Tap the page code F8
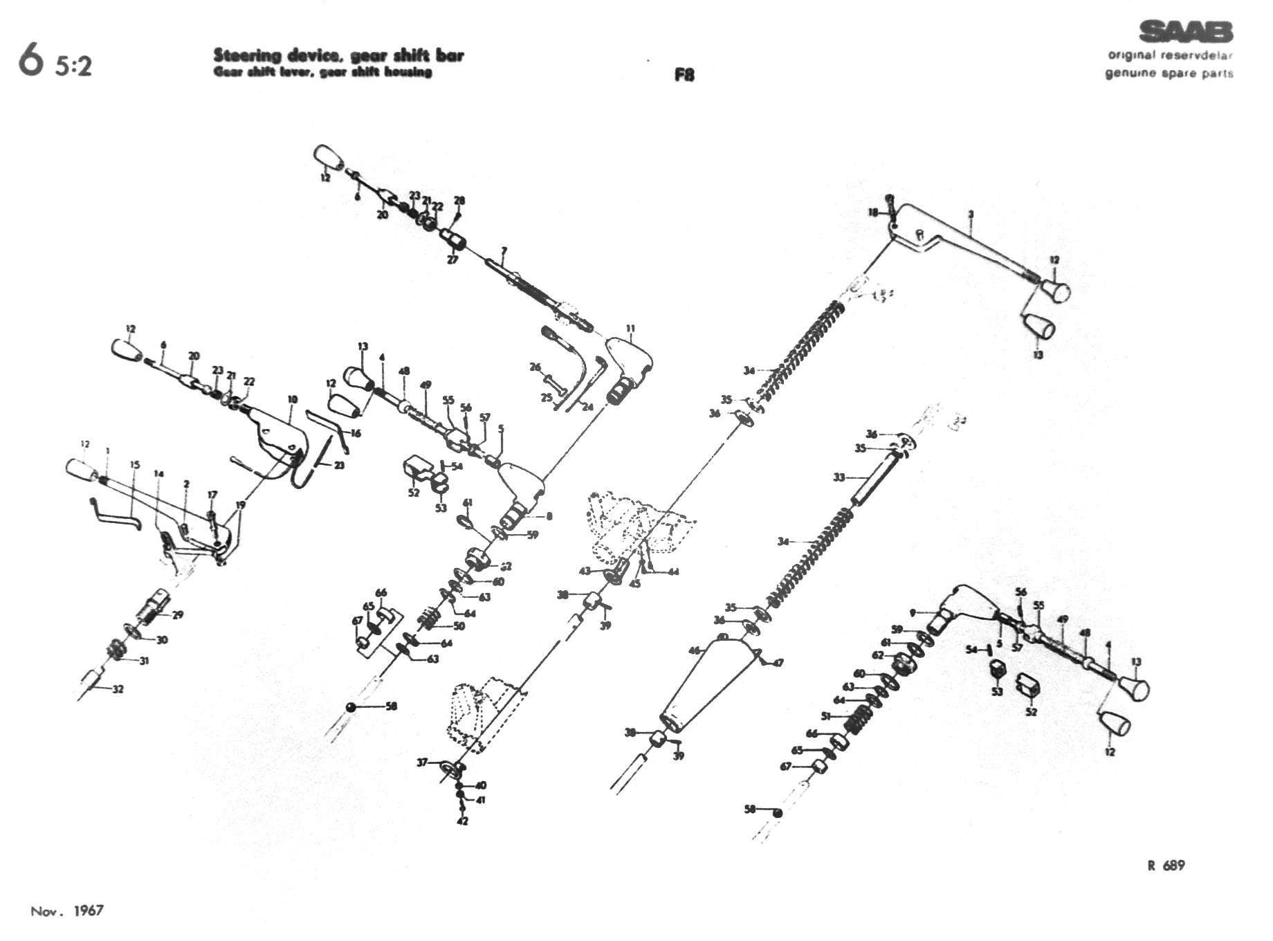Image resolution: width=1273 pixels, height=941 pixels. pos(684,75)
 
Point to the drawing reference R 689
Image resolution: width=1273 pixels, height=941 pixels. pos(1166,866)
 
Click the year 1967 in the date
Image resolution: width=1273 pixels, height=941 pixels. pos(89,910)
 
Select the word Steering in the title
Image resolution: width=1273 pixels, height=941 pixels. pos(240,55)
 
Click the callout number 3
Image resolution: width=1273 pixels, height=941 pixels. pos(971,214)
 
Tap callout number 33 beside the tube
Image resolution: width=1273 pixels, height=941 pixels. pos(839,477)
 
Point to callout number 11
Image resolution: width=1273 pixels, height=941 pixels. pos(630,328)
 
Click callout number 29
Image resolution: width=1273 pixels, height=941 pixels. pos(178,615)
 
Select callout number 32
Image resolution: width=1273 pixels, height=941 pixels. pos(118,689)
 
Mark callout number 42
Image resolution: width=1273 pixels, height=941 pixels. pos(463,821)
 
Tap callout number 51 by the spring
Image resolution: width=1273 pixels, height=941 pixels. pos(825,716)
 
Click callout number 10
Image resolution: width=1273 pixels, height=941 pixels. pos(293,399)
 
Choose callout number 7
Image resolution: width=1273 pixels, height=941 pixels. pos(504,250)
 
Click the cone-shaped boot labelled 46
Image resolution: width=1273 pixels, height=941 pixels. pos(706,685)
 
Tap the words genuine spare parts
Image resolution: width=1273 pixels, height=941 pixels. pos(1169,73)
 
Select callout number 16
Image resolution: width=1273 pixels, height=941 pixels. pos(356,433)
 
